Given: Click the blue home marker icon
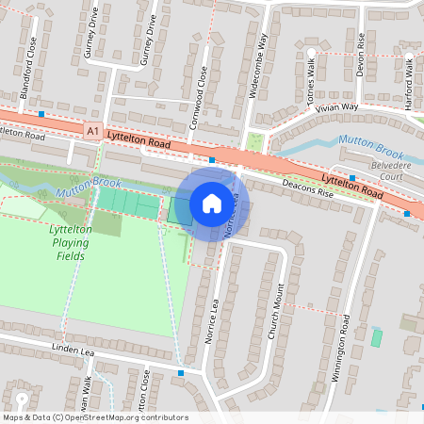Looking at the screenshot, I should pos(211,204).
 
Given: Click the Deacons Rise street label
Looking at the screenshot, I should pos(302,189).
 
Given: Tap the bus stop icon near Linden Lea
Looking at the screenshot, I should pos(181,373).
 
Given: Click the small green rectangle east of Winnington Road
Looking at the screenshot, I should pos(377,337).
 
